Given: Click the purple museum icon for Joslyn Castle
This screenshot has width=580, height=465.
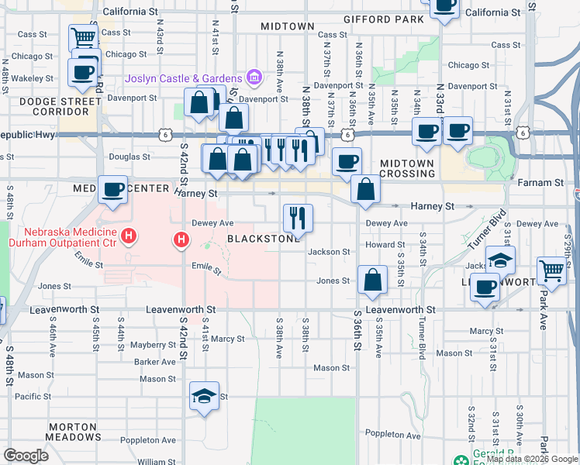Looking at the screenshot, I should (x=253, y=77).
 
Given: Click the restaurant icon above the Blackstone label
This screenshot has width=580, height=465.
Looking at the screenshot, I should (x=298, y=219).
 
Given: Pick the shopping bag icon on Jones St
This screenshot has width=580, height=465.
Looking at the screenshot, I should (x=373, y=281).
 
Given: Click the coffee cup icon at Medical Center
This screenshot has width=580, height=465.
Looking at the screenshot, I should (x=113, y=190).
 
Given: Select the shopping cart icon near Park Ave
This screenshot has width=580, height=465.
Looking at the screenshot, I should (x=551, y=271).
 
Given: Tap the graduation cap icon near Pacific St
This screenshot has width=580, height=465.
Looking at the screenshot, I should (x=205, y=397).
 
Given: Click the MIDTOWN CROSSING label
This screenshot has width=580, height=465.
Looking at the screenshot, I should (x=407, y=167).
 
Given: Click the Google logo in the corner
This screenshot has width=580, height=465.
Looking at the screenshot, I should (x=26, y=456).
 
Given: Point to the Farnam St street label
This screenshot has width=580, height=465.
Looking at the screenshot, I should (x=547, y=183).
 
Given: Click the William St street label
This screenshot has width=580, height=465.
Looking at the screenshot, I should (x=157, y=461).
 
